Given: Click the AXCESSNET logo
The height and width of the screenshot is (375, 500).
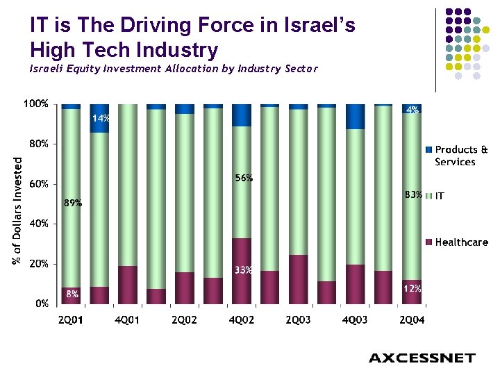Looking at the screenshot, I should point(422,358).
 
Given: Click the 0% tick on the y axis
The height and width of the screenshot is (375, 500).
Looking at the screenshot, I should point(42,304).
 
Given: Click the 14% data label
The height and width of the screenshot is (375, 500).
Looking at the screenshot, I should point(101,119).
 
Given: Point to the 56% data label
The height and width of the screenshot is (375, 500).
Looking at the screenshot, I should point(244,178).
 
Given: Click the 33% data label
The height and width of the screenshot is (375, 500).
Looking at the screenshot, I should point(242,270).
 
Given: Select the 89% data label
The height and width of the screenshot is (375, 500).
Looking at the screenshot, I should point(73,204).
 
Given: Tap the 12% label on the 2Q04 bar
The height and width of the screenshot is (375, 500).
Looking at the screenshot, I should point(412,288).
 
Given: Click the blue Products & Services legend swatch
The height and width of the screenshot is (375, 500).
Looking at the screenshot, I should point(429,150).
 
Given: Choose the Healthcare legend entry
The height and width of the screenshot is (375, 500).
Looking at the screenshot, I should point(461,242).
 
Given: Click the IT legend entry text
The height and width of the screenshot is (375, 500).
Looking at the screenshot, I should point(440,197).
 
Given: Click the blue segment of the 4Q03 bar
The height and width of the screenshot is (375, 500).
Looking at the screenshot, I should point(355,117).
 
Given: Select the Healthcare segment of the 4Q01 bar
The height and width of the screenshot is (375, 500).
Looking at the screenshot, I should point(128,285).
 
